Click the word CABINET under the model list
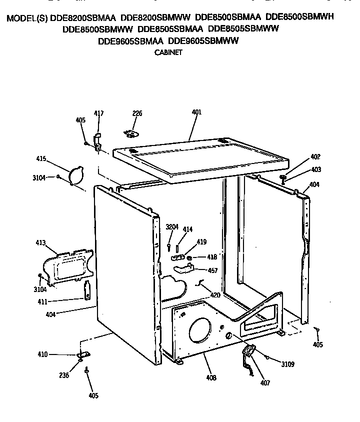[168, 51]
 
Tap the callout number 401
[196, 112]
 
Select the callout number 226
[137, 113]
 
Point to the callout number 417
[99, 114]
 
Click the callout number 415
[41, 159]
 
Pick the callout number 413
[40, 243]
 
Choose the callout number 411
[41, 301]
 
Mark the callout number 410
[42, 354]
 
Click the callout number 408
[211, 378]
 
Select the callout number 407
[265, 383]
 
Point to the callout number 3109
[287, 364]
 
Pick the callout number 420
[215, 295]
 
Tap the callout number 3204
[172, 227]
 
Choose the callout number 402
[315, 156]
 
